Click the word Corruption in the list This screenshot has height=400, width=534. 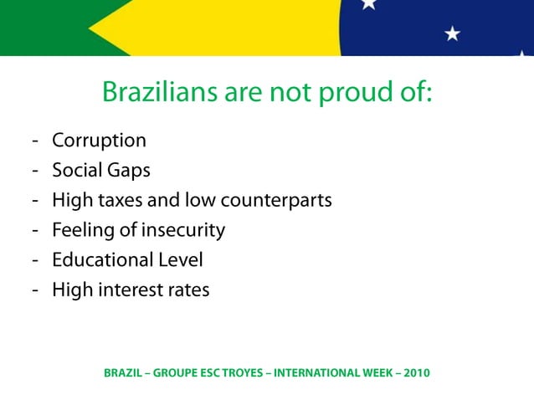[99, 141]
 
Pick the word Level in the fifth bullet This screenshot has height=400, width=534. [179, 260]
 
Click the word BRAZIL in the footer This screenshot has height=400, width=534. [123, 372]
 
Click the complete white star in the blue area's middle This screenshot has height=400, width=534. [453, 33]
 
